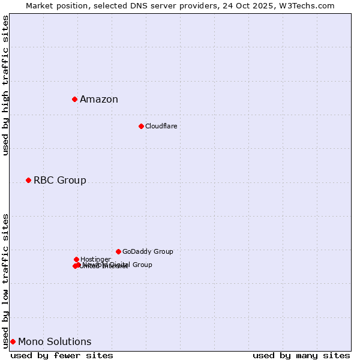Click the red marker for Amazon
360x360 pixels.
point(74,99)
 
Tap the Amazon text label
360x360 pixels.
point(99,100)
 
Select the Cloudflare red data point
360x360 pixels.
point(141,126)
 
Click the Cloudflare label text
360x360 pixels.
point(161,126)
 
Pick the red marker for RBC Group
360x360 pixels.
point(28,180)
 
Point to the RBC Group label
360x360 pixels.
point(60,181)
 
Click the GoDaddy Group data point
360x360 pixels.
point(118,251)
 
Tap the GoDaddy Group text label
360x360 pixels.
point(148,252)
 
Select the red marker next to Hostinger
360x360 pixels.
point(76,259)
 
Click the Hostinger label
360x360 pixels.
point(95,259)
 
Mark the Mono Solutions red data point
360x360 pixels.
point(13,341)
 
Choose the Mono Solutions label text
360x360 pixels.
point(55,342)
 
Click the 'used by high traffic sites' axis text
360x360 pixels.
point(6,85)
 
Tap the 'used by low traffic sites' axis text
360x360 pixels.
point(6,281)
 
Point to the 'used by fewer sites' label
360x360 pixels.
point(62,355)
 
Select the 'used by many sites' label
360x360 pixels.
point(301,355)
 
